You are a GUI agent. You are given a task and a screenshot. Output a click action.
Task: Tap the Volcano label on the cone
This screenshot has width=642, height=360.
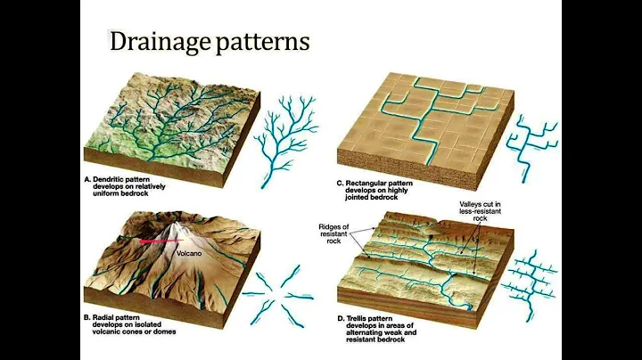[x=189, y=254]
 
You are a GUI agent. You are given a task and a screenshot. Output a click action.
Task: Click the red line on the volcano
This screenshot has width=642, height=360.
[x=161, y=241]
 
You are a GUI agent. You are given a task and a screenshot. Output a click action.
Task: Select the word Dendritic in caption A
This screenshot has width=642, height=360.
[x=109, y=180]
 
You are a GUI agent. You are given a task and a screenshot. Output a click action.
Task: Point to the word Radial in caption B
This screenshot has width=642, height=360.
[x=103, y=317]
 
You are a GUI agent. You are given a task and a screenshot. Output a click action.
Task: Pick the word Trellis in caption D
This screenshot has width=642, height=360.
[x=358, y=318]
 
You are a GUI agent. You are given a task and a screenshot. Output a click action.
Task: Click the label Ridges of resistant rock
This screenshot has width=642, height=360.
[x=333, y=234]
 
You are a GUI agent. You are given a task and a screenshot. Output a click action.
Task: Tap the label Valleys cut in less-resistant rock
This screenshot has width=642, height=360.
[x=480, y=211]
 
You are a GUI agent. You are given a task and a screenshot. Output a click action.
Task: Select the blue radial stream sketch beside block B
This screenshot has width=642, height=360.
[x=277, y=296]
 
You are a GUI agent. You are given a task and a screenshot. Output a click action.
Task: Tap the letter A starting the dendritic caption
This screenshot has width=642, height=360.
[x=86, y=180]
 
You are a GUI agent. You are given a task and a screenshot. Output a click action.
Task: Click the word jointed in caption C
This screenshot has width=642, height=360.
[x=357, y=197]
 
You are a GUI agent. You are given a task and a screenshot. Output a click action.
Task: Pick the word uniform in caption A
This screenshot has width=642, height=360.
[x=105, y=193]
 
